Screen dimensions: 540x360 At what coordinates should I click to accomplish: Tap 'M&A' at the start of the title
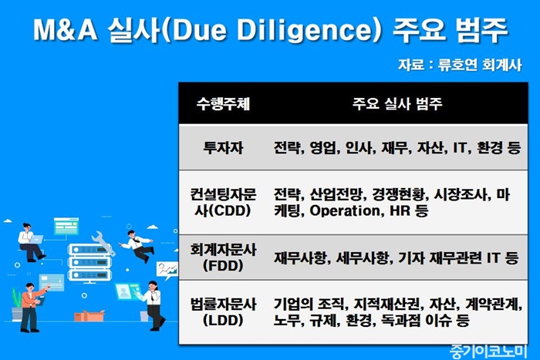[65, 30]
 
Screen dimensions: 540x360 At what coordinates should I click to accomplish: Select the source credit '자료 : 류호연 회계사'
[460, 65]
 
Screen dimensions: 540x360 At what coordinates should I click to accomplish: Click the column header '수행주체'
[223, 103]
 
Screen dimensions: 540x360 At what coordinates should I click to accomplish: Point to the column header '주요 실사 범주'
[397, 103]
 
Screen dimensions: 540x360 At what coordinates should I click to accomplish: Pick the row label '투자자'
[223, 148]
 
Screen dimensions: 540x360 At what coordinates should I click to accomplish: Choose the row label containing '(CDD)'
[223, 203]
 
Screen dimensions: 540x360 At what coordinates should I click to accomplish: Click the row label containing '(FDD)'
[223, 257]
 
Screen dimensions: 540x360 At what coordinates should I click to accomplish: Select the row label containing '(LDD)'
[223, 312]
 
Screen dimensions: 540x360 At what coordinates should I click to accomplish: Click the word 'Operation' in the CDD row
[344, 210]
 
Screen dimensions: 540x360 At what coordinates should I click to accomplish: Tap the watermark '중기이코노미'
[488, 352]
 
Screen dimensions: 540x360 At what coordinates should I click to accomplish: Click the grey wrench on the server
[103, 243]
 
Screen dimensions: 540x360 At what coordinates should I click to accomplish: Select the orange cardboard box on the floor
[89, 315]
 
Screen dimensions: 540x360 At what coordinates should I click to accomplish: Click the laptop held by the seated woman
[35, 239]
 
